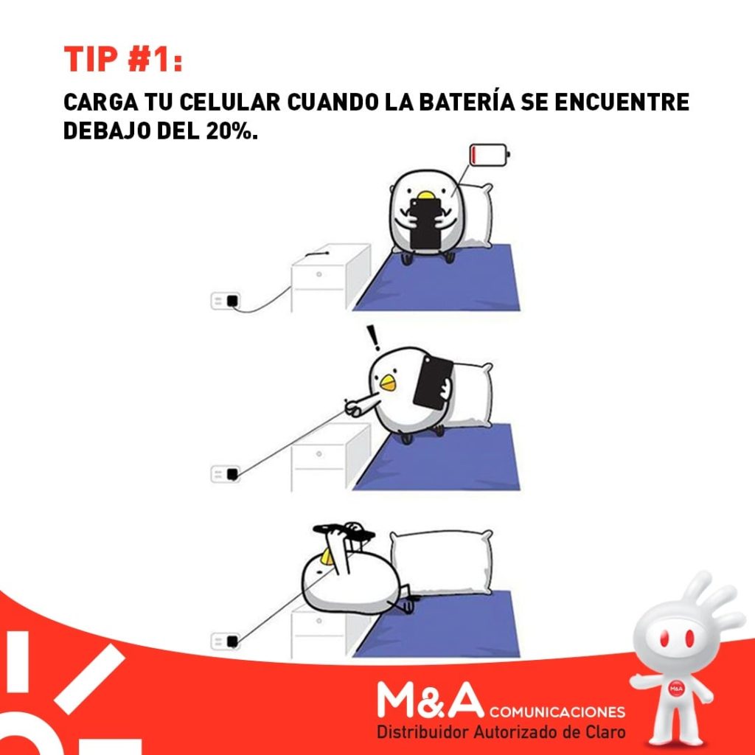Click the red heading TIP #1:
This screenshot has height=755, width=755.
[123, 59]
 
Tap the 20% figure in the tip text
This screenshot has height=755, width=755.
[229, 131]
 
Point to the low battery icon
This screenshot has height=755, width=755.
[490, 155]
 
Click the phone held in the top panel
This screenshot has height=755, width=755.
[425, 224]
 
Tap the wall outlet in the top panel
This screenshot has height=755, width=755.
[226, 301]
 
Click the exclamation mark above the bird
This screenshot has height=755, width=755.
[373, 338]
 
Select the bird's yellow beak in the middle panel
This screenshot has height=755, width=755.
[388, 383]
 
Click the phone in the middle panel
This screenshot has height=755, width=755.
[432, 382]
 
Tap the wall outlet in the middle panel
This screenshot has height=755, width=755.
[226, 474]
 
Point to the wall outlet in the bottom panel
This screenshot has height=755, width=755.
[226, 641]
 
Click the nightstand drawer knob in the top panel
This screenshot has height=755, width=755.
[319, 274]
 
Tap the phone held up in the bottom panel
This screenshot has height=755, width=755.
[344, 531]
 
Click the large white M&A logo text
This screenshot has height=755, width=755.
[430, 700]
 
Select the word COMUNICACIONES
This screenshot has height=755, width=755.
[557, 711]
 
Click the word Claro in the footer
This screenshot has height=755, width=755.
[605, 732]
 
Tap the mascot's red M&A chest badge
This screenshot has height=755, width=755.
[676, 689]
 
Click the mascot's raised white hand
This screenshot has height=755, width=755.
[713, 597]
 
